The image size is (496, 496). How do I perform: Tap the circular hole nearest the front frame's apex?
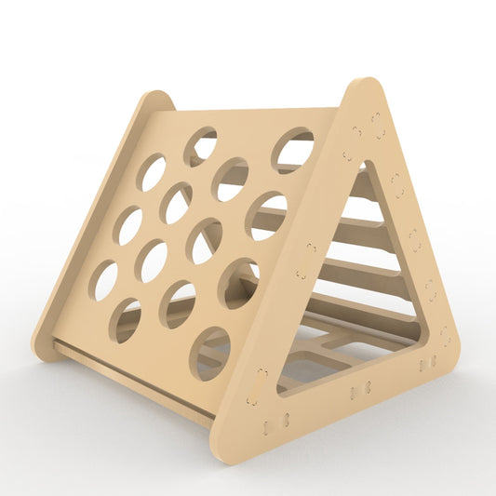click(293, 149)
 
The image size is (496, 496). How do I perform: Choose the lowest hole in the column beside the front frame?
click(210, 353)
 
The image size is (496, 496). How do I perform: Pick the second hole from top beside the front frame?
click(267, 216)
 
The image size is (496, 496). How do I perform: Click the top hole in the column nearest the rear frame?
click(153, 172)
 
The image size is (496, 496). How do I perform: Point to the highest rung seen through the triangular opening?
click(364, 187)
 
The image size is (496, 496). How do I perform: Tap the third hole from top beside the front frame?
click(238, 284)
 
